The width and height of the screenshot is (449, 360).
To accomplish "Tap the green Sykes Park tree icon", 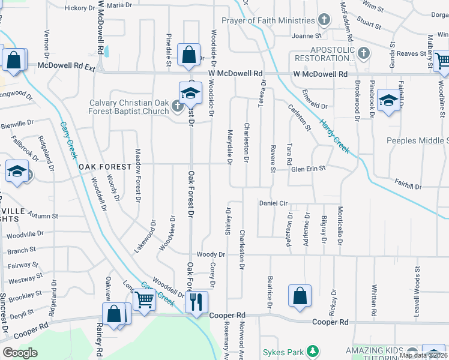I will tap(312, 351).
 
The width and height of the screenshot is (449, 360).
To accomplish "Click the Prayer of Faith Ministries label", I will tap(267, 20).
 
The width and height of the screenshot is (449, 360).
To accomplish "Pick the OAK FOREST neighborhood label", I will tap(104, 166).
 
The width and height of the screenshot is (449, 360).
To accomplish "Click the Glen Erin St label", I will tap(308, 169).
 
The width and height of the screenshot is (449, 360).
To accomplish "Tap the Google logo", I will tap(20, 353).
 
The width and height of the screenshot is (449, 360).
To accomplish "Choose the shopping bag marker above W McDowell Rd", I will tap(188, 55).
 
